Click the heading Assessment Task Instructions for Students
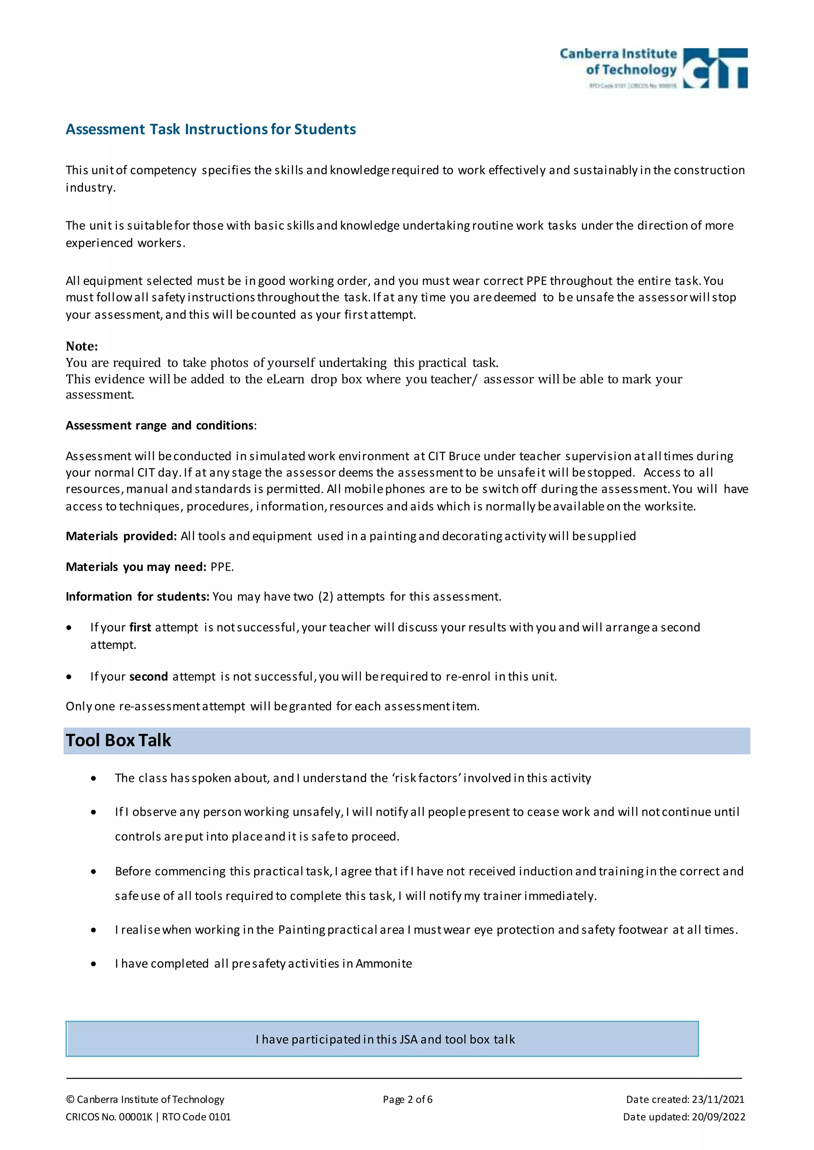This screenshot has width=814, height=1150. (x=211, y=129)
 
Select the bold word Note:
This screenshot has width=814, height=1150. (x=82, y=346)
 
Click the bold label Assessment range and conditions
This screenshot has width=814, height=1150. (x=160, y=425)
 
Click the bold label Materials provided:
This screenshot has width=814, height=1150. (x=121, y=536)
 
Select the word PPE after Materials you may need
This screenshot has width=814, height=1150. (x=221, y=567)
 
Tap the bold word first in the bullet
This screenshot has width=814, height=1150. (x=140, y=627)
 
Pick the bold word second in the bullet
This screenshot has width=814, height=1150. (x=148, y=677)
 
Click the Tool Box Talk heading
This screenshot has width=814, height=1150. (x=118, y=740)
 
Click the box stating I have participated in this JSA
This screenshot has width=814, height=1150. (x=382, y=1039)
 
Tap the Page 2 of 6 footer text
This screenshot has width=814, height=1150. (x=407, y=1100)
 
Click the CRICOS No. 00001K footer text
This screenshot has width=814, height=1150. (x=109, y=1117)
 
